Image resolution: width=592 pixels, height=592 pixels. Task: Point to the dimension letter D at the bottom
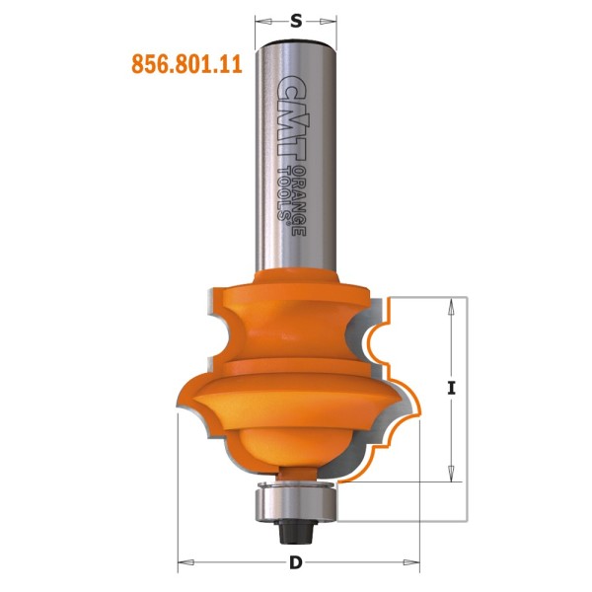pos(295,563)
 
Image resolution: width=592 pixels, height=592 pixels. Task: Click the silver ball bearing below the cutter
pos(296,502)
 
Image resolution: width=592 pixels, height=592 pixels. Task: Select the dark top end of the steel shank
pos(296,41)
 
